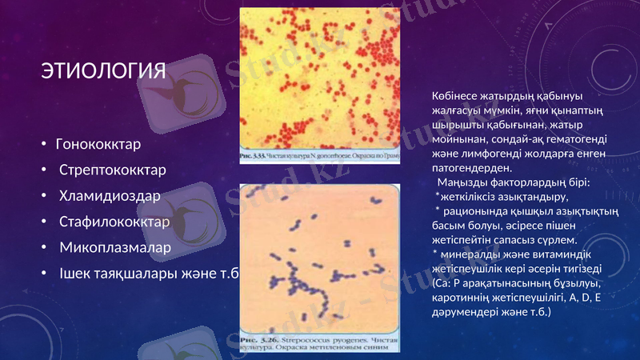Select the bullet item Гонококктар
point(98,145)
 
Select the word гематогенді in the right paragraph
point(574,140)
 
